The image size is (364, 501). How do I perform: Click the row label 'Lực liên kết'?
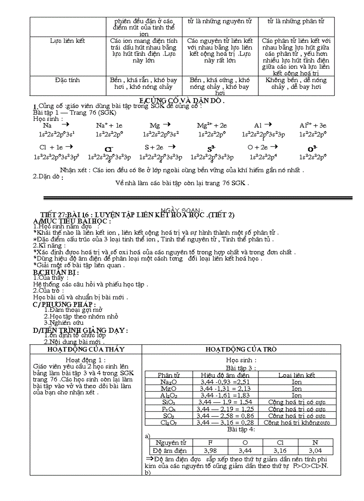(67, 41)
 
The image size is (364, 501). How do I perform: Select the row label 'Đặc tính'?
(67, 80)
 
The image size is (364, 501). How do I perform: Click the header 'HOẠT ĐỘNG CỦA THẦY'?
(86, 349)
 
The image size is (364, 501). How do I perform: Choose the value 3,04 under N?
(315, 451)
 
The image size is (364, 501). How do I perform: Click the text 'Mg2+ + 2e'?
(212, 126)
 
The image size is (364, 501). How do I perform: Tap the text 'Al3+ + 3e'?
(313, 126)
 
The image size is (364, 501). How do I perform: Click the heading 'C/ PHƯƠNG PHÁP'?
(64, 304)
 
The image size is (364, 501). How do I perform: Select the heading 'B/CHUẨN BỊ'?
(56, 272)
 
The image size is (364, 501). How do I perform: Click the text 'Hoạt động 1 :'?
(86, 360)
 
